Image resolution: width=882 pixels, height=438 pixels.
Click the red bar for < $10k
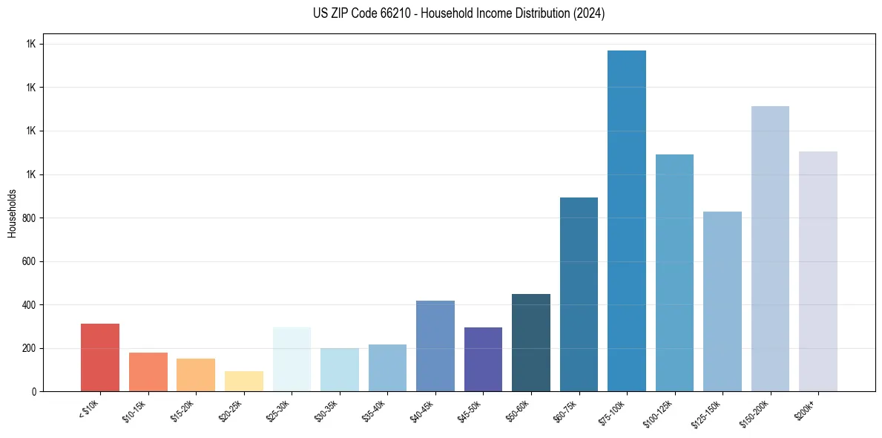coord(100,358)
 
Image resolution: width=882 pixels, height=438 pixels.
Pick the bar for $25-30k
coord(292,359)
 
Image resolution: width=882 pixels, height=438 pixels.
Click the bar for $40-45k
coord(435,346)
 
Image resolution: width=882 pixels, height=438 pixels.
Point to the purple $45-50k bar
coord(483,359)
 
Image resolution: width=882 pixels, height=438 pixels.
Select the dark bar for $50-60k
coord(531,343)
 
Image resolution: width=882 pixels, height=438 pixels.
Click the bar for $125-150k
coord(723,301)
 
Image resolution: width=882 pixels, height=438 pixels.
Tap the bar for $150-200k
coord(770,249)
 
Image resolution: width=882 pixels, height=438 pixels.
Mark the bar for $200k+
coord(818,272)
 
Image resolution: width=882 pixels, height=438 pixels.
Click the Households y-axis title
coord(12,213)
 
